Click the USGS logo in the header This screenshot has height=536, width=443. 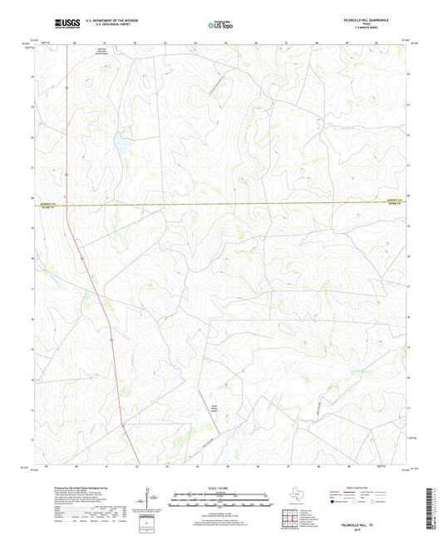(x=67, y=25)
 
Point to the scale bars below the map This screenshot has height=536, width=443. (x=220, y=500)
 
